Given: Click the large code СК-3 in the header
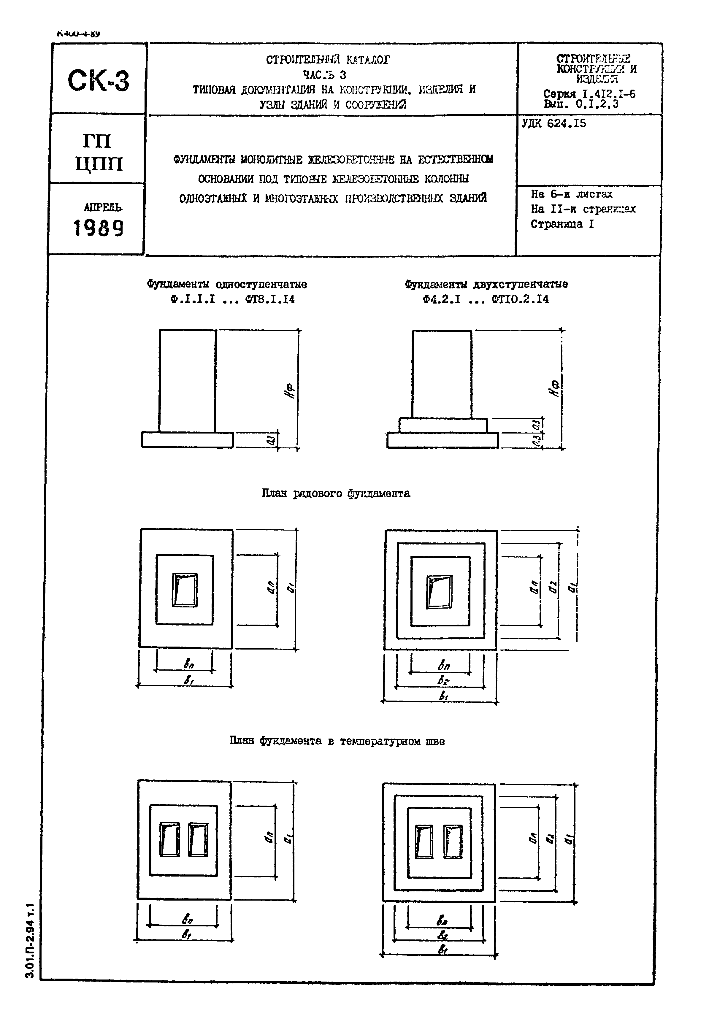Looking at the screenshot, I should click(x=99, y=81).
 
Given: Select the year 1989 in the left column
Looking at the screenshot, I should click(x=99, y=228).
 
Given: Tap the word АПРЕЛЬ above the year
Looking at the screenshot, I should click(x=103, y=207).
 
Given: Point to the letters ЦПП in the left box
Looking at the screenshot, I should click(x=99, y=164).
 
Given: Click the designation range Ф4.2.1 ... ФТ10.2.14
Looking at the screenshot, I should click(x=486, y=299).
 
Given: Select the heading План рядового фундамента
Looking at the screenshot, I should click(x=336, y=493).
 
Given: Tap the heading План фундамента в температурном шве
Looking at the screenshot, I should click(x=337, y=741).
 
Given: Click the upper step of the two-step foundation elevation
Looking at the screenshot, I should click(x=443, y=425).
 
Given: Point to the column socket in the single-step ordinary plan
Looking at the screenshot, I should click(x=185, y=590).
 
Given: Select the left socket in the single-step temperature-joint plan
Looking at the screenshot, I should click(x=169, y=839).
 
